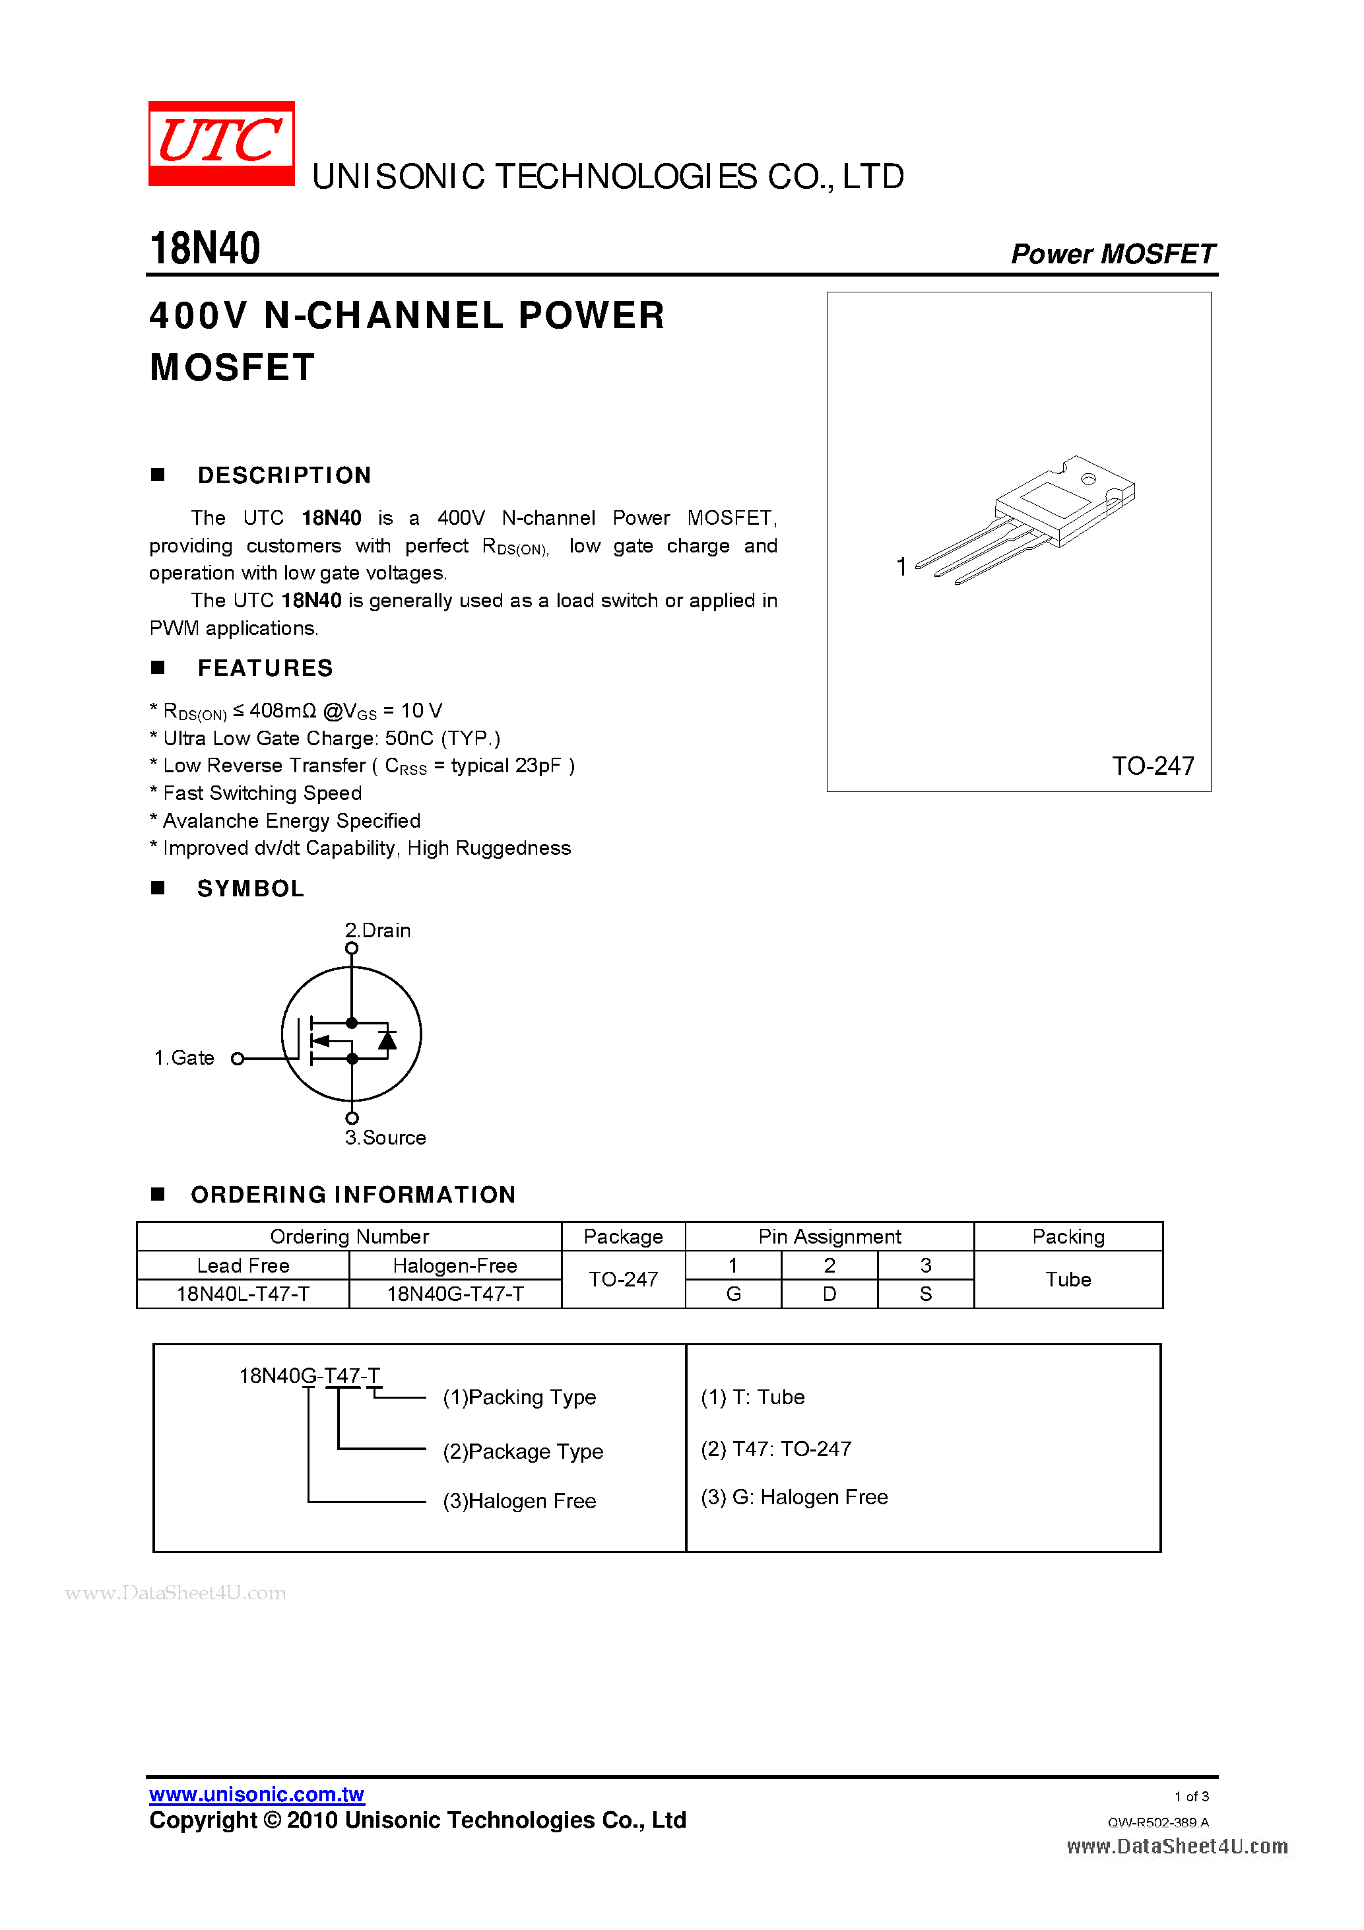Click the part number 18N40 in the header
point(205,249)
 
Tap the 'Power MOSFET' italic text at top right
point(1112,254)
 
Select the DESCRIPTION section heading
point(284,476)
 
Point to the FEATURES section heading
point(265,668)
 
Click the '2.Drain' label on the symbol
point(377,931)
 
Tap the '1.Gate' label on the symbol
point(184,1057)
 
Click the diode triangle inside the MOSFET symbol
point(387,1041)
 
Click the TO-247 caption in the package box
point(1152,766)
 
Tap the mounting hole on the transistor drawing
point(1088,479)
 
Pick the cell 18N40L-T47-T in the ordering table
point(243,1294)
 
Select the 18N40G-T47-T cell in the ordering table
point(455,1294)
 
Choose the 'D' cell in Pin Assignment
point(829,1294)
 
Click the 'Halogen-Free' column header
point(455,1265)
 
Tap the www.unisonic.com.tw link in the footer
point(256,1794)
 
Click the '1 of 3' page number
point(1191,1797)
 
